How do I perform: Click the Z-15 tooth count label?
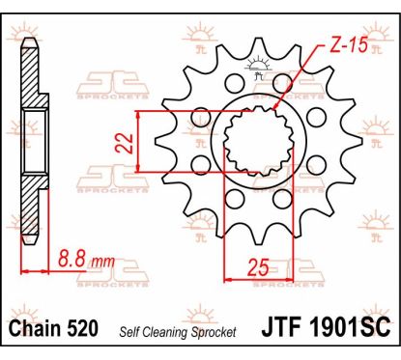coord(349,44)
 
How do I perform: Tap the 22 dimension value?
coord(125,143)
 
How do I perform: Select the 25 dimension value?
coord(258,267)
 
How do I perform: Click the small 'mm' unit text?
coord(102,263)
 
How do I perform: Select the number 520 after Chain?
coord(82,328)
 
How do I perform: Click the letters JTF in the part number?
coord(282,327)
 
